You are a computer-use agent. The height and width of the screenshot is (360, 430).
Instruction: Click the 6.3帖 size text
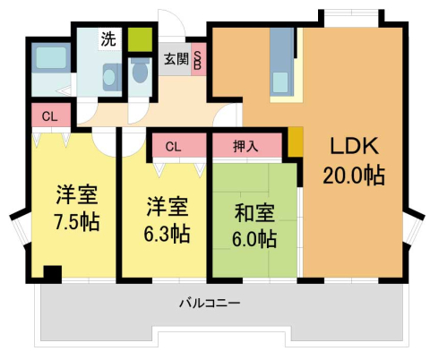coord(168,234)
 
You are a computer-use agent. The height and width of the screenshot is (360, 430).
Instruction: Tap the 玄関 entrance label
coord(176,59)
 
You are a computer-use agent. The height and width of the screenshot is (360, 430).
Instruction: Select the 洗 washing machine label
coord(107,39)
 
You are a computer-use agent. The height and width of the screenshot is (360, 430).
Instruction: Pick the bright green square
coord(139,40)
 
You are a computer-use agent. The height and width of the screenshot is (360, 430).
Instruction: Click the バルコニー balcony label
coord(209,304)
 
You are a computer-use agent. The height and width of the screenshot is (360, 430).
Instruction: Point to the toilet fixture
coord(139,76)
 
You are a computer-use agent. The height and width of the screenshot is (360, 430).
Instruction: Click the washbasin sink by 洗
coord(109,77)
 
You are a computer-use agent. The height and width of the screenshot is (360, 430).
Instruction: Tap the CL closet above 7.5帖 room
coord(50,116)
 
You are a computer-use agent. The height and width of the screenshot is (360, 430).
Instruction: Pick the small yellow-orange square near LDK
coord(296,143)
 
